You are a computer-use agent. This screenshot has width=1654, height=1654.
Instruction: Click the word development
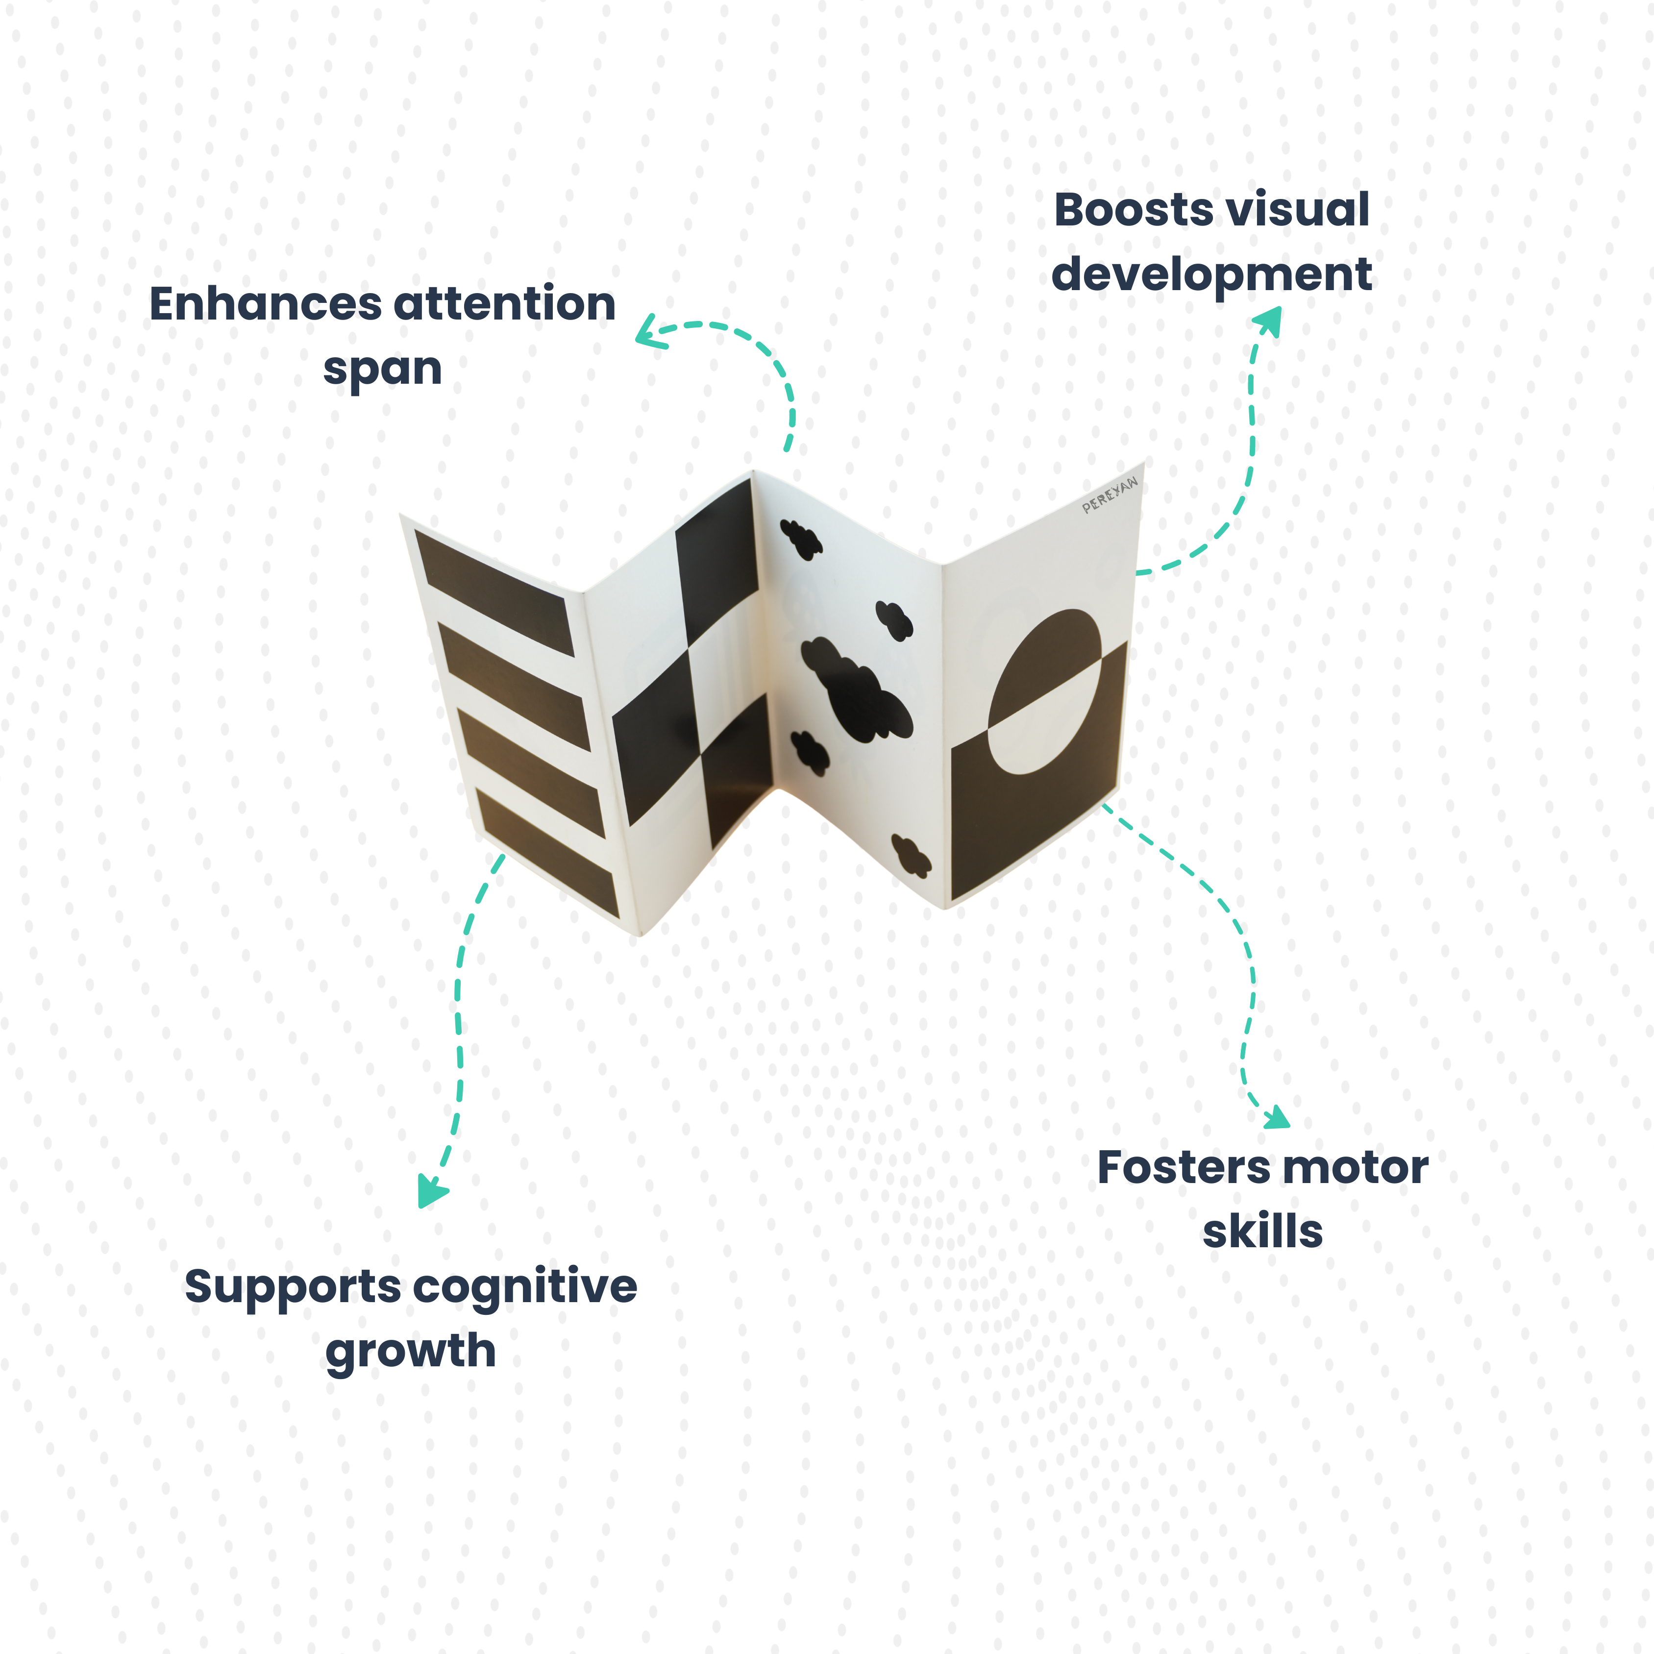[x=1211, y=275]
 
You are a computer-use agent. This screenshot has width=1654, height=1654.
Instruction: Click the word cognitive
[x=526, y=1287]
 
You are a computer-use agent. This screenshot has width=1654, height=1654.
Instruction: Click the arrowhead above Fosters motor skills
[x=1277, y=1118]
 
